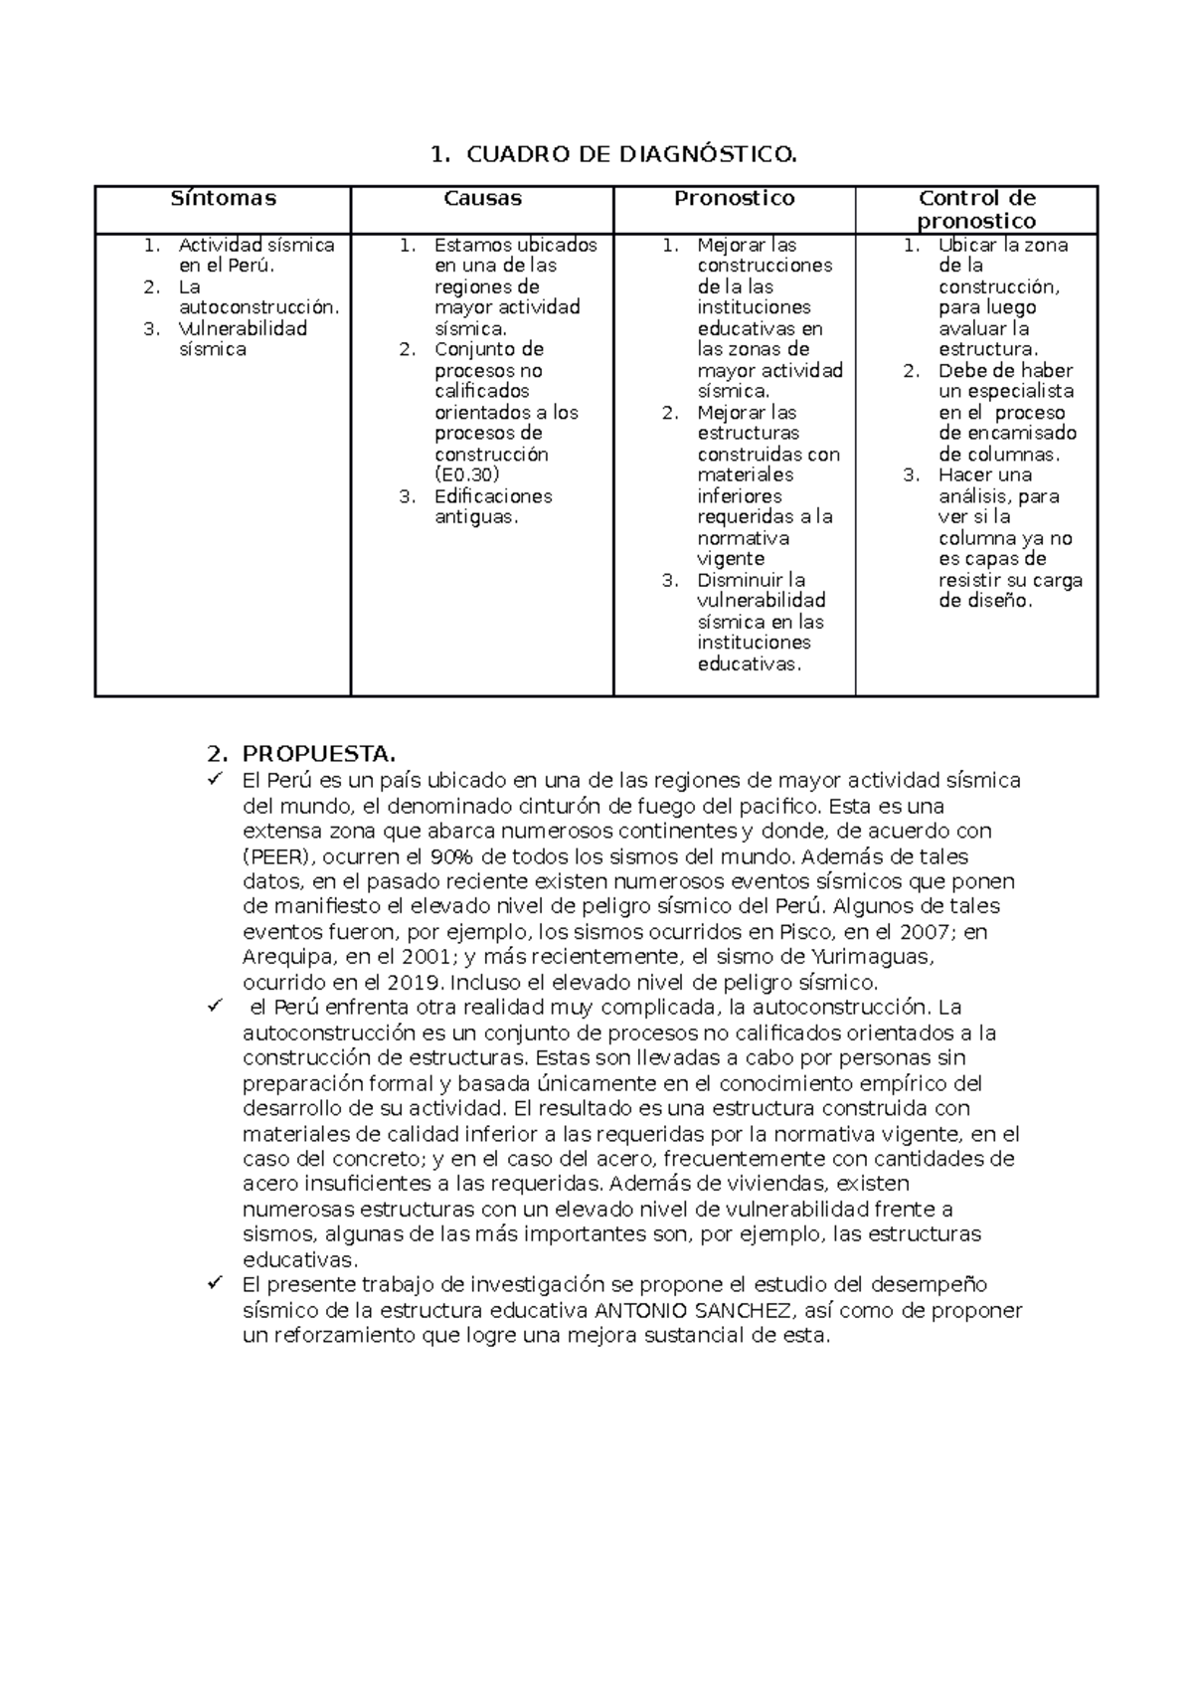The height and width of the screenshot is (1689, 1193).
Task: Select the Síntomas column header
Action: (223, 198)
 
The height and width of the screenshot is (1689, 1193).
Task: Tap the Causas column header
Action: (482, 198)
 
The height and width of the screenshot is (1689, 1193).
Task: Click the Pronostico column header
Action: (734, 198)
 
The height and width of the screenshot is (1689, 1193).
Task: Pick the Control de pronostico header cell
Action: (976, 209)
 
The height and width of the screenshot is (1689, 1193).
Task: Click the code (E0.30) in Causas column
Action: (466, 474)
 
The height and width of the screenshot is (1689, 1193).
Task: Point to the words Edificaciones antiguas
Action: (492, 506)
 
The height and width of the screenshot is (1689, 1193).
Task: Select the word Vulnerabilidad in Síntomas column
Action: (243, 328)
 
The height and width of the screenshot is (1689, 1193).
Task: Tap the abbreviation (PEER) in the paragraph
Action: (272, 856)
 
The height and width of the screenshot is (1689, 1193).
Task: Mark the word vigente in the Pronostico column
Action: (731, 559)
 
